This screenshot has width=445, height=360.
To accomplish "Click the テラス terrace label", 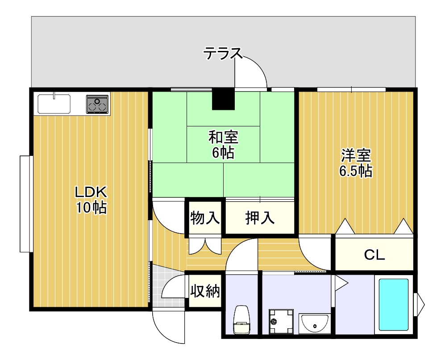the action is tap(223, 53).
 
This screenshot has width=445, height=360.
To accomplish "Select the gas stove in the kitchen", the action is tap(98, 104).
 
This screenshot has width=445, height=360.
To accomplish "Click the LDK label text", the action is tap(91, 192).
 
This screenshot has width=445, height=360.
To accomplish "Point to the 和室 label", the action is tap(223, 138).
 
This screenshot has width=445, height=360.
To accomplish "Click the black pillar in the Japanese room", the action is tap(224, 99).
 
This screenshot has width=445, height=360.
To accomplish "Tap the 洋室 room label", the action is tap(356, 155).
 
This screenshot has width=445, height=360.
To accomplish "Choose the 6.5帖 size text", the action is tap(356, 171).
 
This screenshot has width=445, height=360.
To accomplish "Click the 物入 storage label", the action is tap(205, 218).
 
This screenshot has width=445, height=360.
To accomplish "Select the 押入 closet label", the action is tap(260, 218).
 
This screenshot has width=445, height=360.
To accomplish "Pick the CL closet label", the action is tap(374, 255).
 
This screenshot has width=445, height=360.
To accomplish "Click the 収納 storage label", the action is tap(205, 291).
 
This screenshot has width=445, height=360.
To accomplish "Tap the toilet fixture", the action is tap(241, 320).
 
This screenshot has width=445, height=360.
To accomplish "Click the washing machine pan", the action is tap(281, 322).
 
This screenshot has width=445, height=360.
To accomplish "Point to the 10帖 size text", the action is tap(91, 208).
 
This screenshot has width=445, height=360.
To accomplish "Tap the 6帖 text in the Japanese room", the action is tap(223, 153).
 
